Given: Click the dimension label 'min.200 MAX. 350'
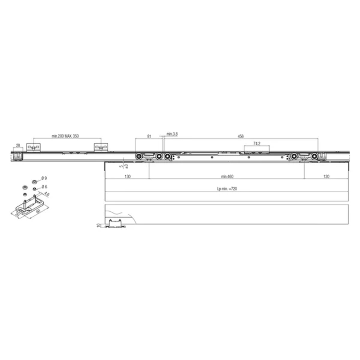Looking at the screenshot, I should [x=65, y=136].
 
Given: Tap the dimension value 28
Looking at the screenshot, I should [x=17, y=146].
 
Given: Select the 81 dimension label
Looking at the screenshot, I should [x=149, y=136].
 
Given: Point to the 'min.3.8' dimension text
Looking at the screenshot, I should [x=172, y=134].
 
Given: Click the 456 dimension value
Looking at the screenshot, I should [x=241, y=136].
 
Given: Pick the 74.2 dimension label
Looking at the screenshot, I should [x=257, y=143].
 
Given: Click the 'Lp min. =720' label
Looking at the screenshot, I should [x=226, y=189].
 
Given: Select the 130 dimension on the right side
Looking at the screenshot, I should [x=326, y=176].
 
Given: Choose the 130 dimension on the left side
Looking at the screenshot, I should [x=126, y=176].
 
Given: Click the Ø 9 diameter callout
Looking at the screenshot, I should [x=45, y=178].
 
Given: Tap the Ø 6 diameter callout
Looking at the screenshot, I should [x=45, y=186].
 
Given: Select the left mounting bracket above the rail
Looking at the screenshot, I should [x=34, y=148].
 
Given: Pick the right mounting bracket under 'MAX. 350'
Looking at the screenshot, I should [x=101, y=148].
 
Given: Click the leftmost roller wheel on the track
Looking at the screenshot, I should [x=139, y=156].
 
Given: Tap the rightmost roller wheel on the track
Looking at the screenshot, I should [x=315, y=156].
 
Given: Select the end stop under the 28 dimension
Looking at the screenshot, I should [x=17, y=155].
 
